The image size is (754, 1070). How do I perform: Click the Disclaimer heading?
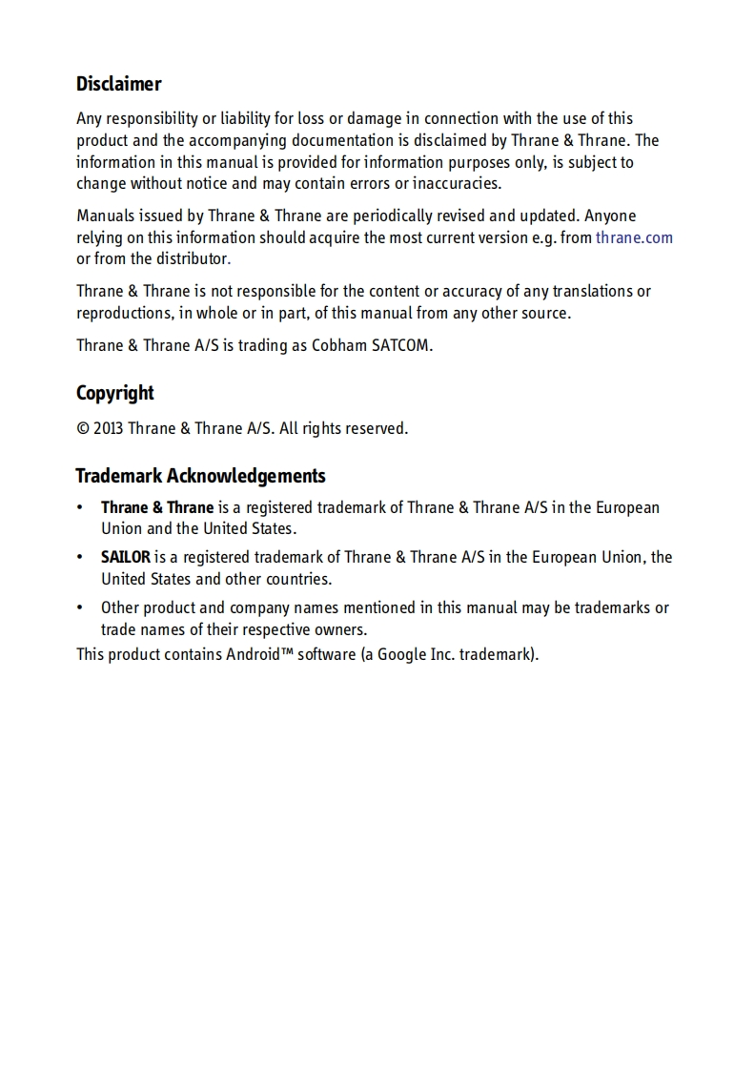click(118, 84)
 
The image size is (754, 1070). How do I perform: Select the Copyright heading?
click(114, 393)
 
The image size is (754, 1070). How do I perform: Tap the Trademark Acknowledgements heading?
click(200, 476)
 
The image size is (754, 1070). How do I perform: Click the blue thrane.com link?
click(634, 237)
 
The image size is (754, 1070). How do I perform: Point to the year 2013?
click(108, 428)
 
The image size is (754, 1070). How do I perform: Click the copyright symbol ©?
click(83, 428)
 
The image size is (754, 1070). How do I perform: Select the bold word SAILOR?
click(126, 557)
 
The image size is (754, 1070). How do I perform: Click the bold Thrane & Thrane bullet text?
click(157, 507)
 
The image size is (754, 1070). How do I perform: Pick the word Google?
click(401, 654)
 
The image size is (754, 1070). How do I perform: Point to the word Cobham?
click(339, 345)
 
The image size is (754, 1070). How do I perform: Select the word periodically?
click(397, 216)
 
